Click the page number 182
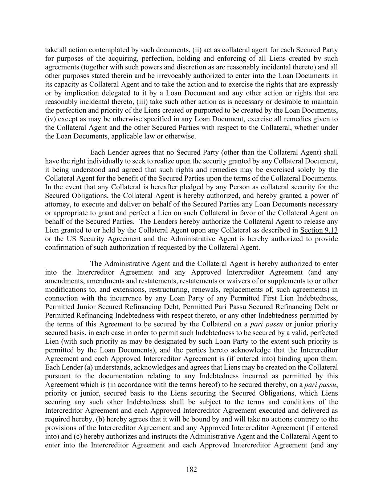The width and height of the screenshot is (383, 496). [191, 469]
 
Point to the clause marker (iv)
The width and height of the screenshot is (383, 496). [50, 119]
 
